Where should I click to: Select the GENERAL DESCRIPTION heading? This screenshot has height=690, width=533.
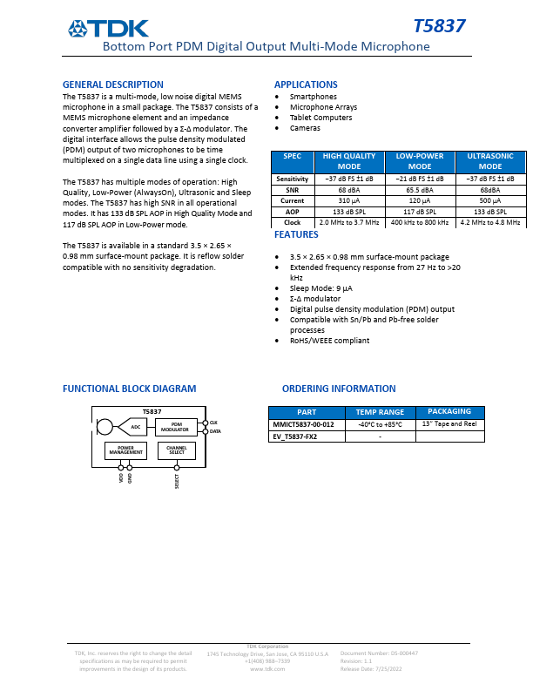(113, 85)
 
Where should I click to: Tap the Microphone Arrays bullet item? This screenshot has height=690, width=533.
(323, 107)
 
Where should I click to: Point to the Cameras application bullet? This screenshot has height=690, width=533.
(305, 128)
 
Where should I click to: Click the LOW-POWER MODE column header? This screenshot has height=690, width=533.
(420, 161)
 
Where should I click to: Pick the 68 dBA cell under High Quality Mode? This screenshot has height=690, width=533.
(348, 190)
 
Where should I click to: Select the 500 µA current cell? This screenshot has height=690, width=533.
(490, 201)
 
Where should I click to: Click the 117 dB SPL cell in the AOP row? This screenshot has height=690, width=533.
(420, 212)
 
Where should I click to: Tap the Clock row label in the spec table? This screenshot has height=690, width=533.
(292, 223)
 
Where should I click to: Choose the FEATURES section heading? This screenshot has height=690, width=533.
(296, 235)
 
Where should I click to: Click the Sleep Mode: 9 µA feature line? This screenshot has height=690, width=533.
(321, 287)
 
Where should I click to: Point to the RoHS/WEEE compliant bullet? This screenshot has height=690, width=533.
(329, 341)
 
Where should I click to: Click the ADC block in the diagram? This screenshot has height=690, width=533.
(135, 427)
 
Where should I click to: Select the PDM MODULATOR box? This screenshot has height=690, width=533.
(176, 426)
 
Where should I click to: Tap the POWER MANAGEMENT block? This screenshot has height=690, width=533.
(126, 450)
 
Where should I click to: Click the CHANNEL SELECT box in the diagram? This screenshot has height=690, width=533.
(177, 450)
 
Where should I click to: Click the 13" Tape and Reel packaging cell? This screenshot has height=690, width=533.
(449, 423)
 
